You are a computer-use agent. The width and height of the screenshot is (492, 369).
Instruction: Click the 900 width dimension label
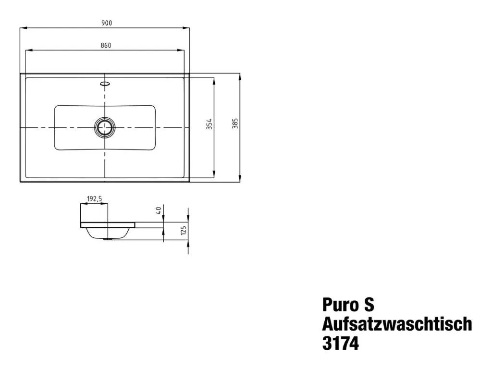pos(106,23)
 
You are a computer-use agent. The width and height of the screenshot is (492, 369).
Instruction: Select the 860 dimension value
pos(106,45)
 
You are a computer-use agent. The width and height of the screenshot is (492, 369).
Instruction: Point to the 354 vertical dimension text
pos(209,124)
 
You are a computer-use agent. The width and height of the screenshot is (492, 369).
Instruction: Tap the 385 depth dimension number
pos(235,124)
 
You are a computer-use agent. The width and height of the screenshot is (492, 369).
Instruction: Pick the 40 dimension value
pos(158,210)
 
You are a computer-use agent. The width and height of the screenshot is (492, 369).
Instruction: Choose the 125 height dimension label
pos(183,231)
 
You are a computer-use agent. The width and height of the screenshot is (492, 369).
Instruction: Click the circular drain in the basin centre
pos(104,127)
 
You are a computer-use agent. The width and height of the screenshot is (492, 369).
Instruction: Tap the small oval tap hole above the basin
pos(104,83)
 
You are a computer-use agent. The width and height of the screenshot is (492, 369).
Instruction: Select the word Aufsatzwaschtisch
pos(397,324)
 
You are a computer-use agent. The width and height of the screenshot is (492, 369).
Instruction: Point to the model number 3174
pos(340,344)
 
